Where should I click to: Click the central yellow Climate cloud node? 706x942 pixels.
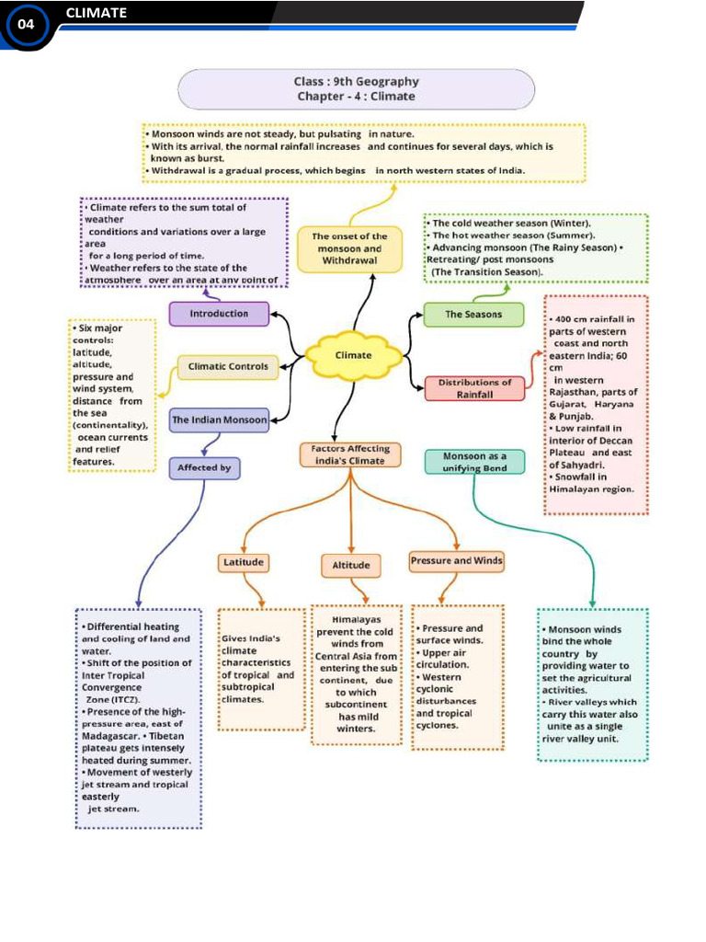[x=353, y=355]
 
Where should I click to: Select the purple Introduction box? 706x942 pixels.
[x=219, y=314]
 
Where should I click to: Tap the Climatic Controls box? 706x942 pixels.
[x=228, y=367]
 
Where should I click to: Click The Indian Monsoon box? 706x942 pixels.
[x=219, y=420]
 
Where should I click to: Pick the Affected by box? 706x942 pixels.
[x=204, y=468]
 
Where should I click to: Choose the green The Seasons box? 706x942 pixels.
[x=473, y=315]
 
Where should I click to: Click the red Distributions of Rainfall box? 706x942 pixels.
[x=474, y=388]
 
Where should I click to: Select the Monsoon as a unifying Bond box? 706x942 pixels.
[x=474, y=462]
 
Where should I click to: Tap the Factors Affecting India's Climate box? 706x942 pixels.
[x=350, y=454]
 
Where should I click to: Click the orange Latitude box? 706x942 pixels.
[x=243, y=562]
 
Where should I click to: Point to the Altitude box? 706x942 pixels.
[x=351, y=565]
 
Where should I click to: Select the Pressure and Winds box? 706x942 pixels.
[x=456, y=560]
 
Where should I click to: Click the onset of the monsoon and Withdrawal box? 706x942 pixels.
[x=349, y=249]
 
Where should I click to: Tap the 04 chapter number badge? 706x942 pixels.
[x=25, y=25]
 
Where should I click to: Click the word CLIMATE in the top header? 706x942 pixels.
[x=97, y=13]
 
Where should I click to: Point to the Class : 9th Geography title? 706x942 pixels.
[x=356, y=82]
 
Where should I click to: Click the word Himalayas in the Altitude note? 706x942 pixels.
[x=356, y=620]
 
